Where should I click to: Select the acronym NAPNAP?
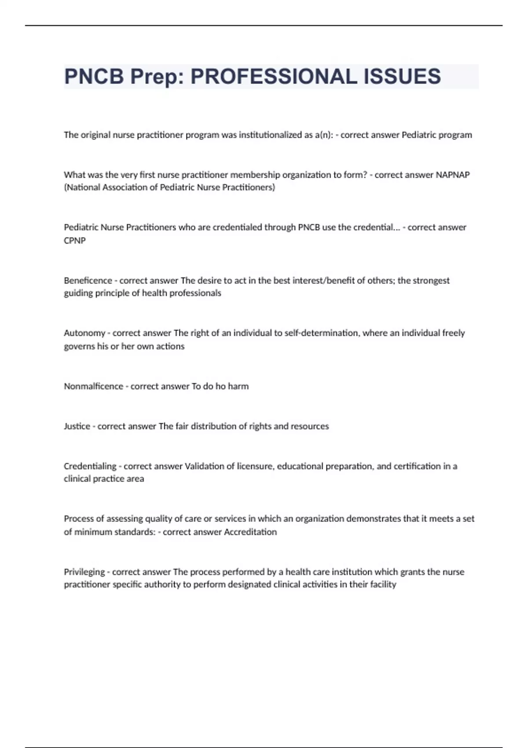[x=452, y=175]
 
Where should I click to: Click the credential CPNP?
[x=75, y=241]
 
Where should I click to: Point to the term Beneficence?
[x=88, y=280]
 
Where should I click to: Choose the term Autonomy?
[x=84, y=333]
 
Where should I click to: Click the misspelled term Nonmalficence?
[x=93, y=386]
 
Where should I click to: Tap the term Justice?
[x=77, y=426]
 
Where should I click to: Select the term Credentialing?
[x=90, y=466]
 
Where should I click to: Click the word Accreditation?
[x=250, y=532]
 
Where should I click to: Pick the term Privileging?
[x=84, y=572]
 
